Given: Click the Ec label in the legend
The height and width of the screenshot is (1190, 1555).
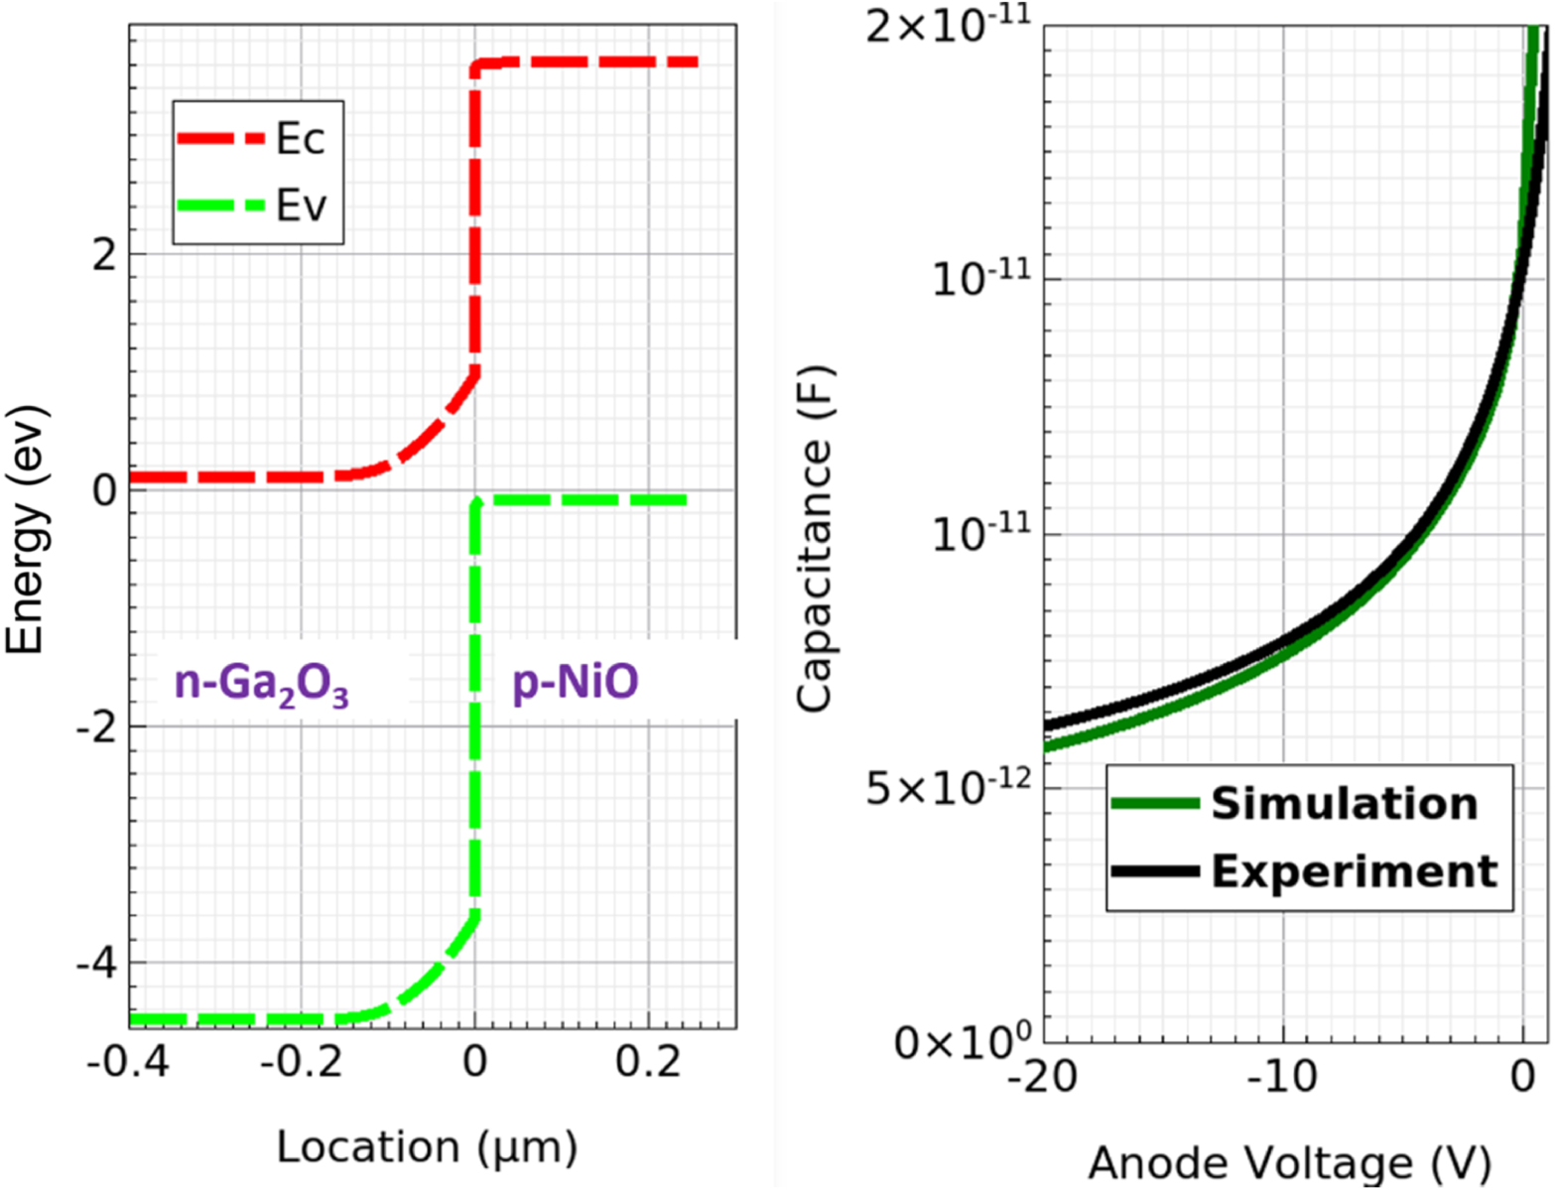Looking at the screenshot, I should tap(300, 139).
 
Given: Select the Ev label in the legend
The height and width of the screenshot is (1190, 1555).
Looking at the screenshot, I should tap(300, 205).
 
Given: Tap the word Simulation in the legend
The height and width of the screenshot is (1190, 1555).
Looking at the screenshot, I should tap(1344, 803).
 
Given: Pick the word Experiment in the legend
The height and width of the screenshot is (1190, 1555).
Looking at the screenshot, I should tap(1354, 870).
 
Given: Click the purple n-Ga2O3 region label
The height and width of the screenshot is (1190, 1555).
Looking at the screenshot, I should tap(262, 685).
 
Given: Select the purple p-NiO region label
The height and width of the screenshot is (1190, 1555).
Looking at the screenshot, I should tap(575, 684).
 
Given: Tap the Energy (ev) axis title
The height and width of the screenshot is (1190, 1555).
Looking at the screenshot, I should tap(27, 529).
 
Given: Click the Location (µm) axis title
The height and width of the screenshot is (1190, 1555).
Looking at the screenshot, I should tap(427, 1147).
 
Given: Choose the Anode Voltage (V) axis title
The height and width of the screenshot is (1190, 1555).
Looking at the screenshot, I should tap(1289, 1162).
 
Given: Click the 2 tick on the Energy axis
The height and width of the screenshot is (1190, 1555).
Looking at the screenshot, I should tap(103, 255).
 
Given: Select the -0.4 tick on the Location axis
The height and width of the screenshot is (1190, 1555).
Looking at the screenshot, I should tap(128, 1062).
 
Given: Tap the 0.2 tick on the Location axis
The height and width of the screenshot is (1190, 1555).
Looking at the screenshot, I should tap(648, 1062).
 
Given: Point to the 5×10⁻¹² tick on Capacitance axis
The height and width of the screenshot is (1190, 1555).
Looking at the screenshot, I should tap(948, 790).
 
